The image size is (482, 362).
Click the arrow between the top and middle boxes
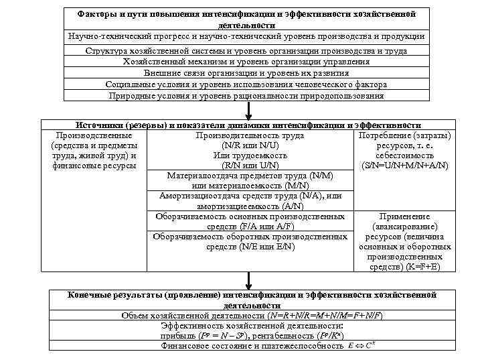248,110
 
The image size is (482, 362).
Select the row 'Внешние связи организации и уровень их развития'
246,73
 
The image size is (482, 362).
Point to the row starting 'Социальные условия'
246,84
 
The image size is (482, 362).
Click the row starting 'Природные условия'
246,96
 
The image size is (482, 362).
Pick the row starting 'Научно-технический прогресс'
246,36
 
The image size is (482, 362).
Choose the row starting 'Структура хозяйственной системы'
246,51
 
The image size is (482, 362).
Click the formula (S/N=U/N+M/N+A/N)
404,166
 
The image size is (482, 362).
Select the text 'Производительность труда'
250,135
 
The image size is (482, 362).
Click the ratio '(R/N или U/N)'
250,166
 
